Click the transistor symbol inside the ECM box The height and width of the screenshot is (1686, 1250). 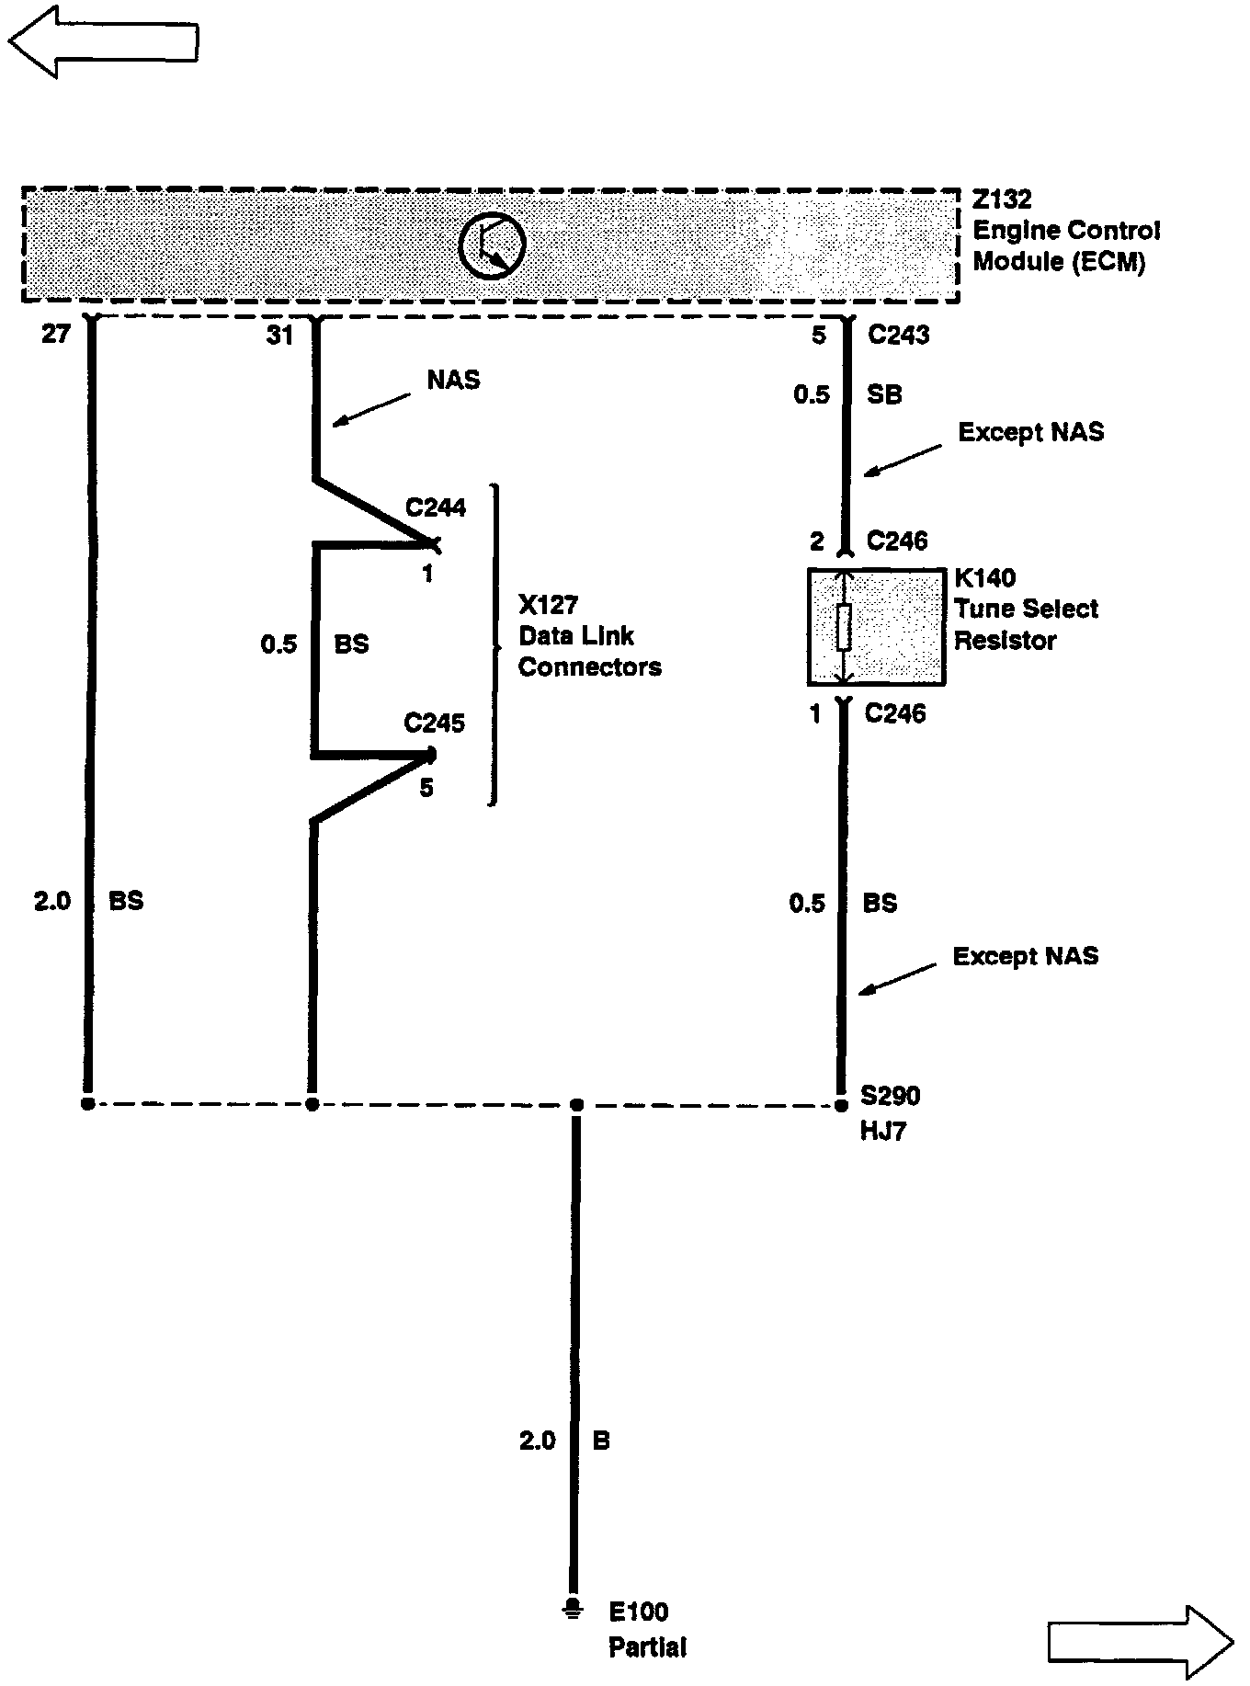click(x=492, y=245)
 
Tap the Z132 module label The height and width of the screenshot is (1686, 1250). click(x=1002, y=199)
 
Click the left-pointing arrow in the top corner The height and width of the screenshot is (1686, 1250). click(x=103, y=40)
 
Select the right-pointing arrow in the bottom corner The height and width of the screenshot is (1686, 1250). click(x=1141, y=1641)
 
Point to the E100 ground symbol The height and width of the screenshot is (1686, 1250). click(x=573, y=1610)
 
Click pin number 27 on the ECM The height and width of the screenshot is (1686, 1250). click(x=55, y=335)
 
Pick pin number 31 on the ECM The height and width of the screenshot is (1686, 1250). click(x=279, y=336)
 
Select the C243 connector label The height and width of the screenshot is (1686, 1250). click(x=898, y=336)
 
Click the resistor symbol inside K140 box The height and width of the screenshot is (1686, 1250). click(x=844, y=627)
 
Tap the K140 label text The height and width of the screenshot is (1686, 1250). click(x=985, y=578)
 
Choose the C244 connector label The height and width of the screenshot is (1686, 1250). click(x=436, y=507)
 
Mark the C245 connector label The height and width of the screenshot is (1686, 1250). click(x=435, y=723)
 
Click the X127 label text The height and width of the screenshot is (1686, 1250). click(x=549, y=605)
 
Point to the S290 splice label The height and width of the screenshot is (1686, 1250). click(x=890, y=1096)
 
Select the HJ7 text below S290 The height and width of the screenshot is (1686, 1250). click(x=883, y=1131)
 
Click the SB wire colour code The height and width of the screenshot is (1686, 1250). click(x=884, y=395)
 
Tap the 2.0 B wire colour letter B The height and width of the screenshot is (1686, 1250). click(x=601, y=1441)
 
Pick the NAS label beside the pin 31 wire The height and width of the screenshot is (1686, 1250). click(x=453, y=380)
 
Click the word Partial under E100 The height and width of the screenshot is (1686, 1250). click(x=647, y=1646)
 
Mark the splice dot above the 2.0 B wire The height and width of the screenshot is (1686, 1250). click(x=576, y=1104)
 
